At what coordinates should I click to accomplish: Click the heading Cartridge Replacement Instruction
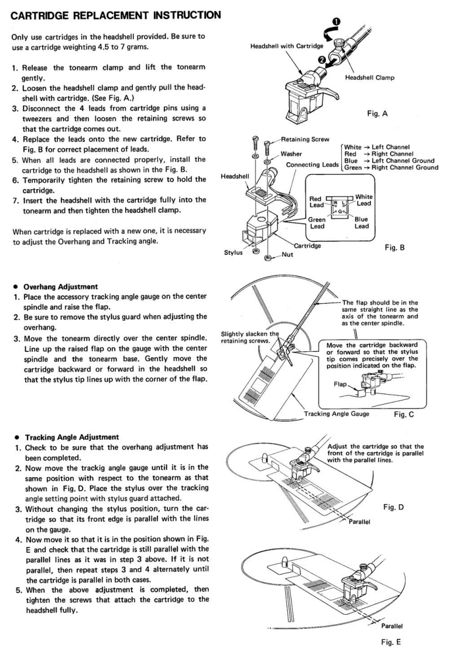click(111, 11)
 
